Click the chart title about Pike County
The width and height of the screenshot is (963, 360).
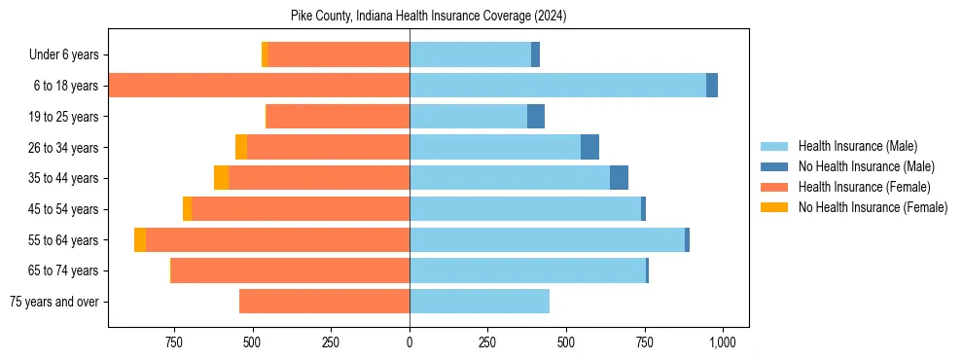pyautogui.click(x=428, y=17)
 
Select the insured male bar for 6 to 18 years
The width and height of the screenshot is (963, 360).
pyautogui.click(x=557, y=86)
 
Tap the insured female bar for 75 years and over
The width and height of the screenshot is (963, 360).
pyautogui.click(x=324, y=302)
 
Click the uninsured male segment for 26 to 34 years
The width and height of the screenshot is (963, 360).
pyautogui.click(x=589, y=147)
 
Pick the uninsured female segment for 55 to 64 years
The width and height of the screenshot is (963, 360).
pyautogui.click(x=140, y=239)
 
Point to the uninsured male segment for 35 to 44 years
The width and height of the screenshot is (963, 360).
pyautogui.click(x=619, y=178)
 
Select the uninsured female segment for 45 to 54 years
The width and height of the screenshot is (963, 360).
pyautogui.click(x=187, y=209)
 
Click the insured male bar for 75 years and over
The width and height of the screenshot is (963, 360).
pyautogui.click(x=480, y=302)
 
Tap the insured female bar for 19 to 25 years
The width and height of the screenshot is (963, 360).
pyautogui.click(x=338, y=117)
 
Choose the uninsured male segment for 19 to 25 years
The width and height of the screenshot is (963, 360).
pyautogui.click(x=536, y=117)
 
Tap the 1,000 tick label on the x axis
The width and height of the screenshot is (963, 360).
pyautogui.click(x=722, y=342)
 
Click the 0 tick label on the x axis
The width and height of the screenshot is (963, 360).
pyautogui.click(x=410, y=342)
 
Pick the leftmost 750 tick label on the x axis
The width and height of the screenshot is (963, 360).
pyautogui.click(x=174, y=342)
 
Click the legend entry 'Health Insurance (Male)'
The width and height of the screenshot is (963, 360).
pyautogui.click(x=857, y=146)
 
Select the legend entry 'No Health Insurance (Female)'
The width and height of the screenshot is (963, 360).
pyautogui.click(x=873, y=207)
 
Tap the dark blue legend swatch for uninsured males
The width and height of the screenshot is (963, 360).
pyautogui.click(x=775, y=166)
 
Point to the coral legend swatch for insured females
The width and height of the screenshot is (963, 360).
pyautogui.click(x=775, y=187)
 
